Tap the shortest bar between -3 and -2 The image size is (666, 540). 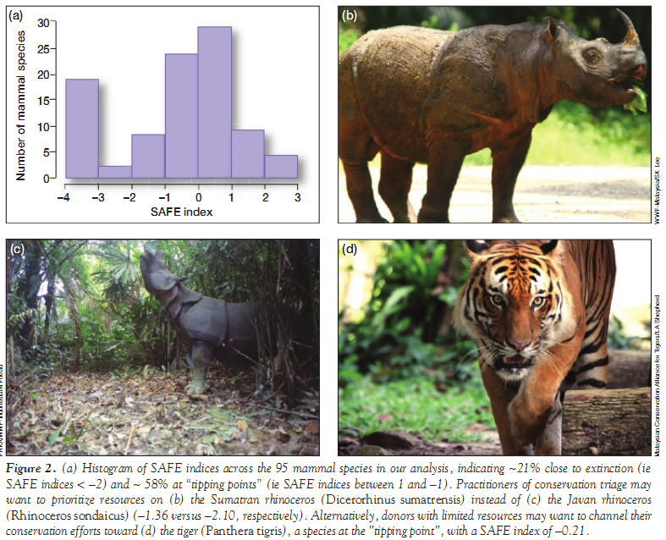point(115,171)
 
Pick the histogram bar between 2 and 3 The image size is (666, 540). point(280,167)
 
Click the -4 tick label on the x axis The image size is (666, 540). point(63,196)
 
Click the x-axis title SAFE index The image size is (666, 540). point(181,212)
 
